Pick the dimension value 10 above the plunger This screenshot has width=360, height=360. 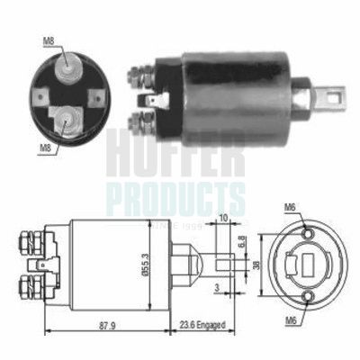[x=222, y=217]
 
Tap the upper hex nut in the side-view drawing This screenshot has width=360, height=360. [x=26, y=241]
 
